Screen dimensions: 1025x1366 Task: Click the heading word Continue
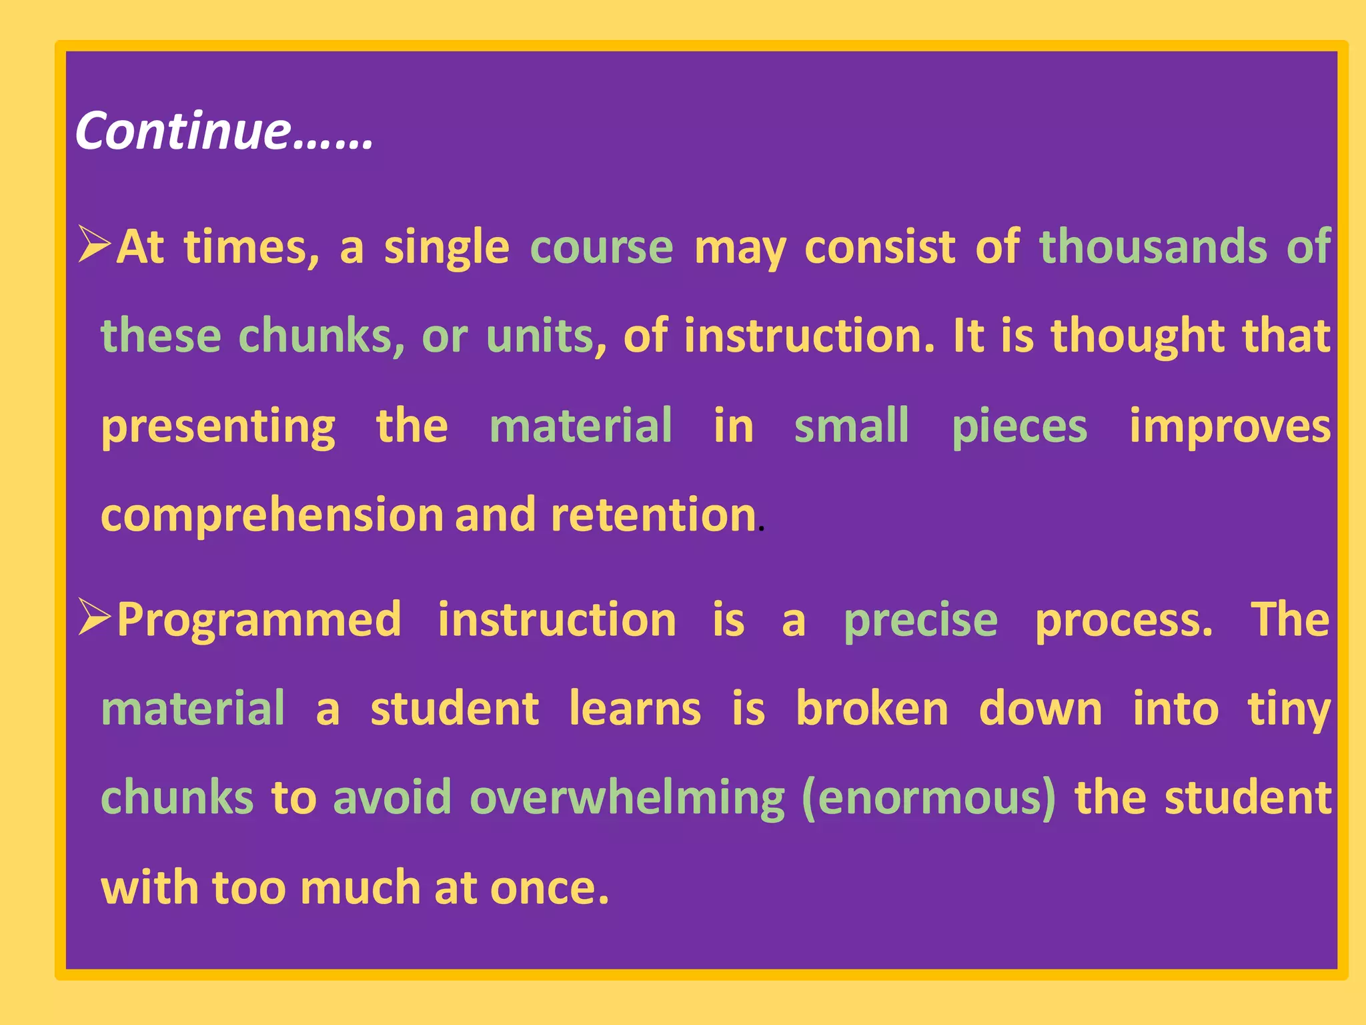(183, 131)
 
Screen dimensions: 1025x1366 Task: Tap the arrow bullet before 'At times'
(94, 244)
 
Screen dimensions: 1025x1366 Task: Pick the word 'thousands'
(1153, 247)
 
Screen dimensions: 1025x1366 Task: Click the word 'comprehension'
(272, 516)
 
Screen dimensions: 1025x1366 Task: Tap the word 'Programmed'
(259, 621)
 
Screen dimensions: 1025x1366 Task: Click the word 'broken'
(872, 709)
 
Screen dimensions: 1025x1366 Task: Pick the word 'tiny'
(1289, 710)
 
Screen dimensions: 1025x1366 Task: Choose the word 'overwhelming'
(627, 798)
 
